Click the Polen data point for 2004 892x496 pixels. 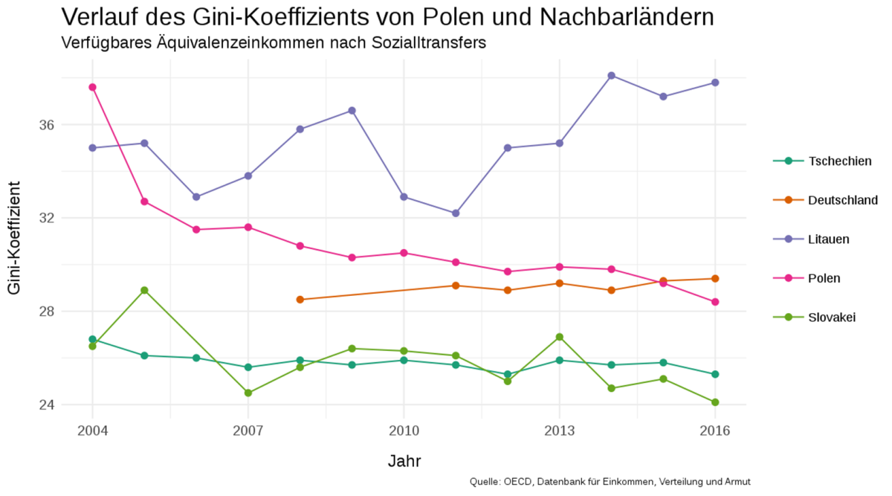[92, 87]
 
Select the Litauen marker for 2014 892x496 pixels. [611, 75]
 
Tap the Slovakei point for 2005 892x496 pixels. [144, 290]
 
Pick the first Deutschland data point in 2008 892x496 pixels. [300, 300]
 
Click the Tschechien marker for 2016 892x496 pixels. [715, 374]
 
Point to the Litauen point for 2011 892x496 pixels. [456, 213]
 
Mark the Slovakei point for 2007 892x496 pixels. [248, 393]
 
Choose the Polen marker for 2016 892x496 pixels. [715, 302]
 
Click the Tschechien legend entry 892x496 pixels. [839, 161]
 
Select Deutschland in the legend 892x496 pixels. [842, 200]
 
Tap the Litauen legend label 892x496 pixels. [828, 239]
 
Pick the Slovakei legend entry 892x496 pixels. [832, 318]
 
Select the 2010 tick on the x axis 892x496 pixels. [404, 431]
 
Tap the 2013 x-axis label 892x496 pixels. [559, 431]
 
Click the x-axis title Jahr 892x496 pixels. [404, 461]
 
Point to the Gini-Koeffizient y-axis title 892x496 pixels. [15, 245]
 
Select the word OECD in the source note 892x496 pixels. [517, 482]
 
